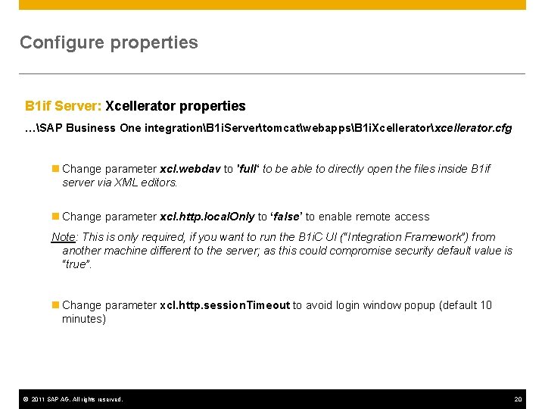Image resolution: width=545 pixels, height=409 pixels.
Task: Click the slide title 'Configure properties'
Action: pos(108,42)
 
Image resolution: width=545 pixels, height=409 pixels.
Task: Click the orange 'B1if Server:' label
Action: pos(63,106)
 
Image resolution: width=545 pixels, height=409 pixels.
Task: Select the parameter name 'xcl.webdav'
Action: pos(190,169)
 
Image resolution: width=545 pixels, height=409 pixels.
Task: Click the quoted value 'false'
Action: pos(286,217)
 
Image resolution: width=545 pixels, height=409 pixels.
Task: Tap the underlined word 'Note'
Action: pos(64,237)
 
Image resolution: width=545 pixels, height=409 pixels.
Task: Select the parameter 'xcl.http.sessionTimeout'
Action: pos(225,305)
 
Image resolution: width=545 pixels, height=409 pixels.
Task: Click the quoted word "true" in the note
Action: pos(76,264)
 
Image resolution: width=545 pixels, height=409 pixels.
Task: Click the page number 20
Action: pos(518,399)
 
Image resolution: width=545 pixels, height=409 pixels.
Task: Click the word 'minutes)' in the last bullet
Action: pos(83,319)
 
